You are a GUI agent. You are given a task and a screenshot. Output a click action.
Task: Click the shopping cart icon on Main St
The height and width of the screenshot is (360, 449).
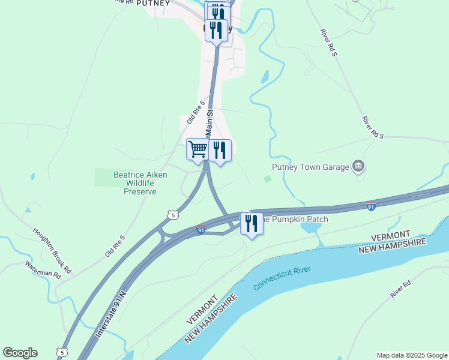coord(197,149)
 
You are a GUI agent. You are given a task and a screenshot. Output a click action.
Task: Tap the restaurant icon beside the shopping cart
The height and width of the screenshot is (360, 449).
coord(220,150)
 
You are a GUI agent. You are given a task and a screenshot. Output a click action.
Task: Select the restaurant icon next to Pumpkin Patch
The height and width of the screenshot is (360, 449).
coord(252,223)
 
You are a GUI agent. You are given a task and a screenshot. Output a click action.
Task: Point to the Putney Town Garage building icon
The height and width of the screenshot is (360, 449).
coord(359,166)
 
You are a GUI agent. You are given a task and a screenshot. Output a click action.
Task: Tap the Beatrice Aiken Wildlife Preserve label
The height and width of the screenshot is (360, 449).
coord(140,183)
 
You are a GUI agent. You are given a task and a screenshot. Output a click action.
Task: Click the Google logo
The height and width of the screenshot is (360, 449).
coord(20,353)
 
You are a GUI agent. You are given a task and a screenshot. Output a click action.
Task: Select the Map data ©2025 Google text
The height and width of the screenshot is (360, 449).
coord(412,355)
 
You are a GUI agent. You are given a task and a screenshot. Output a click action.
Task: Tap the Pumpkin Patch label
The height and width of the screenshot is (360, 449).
coord(296,220)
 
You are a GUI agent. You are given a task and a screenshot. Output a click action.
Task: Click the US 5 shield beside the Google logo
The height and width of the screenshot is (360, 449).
coord(62,353)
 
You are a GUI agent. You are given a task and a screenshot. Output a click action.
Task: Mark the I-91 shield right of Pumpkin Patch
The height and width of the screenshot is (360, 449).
coord(372,206)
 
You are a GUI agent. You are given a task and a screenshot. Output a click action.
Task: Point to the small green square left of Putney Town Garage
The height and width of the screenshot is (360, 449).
coord(268,179)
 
